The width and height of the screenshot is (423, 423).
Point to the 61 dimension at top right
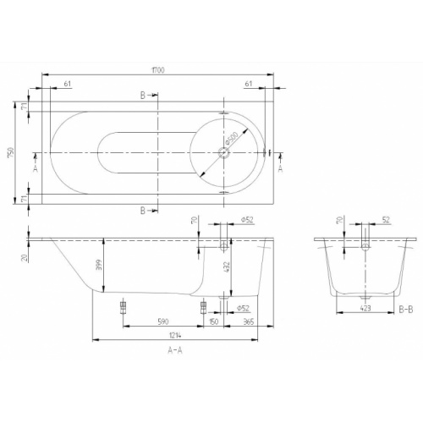coord(249,85)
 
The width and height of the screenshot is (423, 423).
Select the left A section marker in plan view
coord(35,169)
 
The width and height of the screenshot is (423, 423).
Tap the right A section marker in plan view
coord(280,169)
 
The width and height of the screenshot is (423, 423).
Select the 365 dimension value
coord(246,321)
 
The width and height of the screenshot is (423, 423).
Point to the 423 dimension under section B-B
coord(365,310)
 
